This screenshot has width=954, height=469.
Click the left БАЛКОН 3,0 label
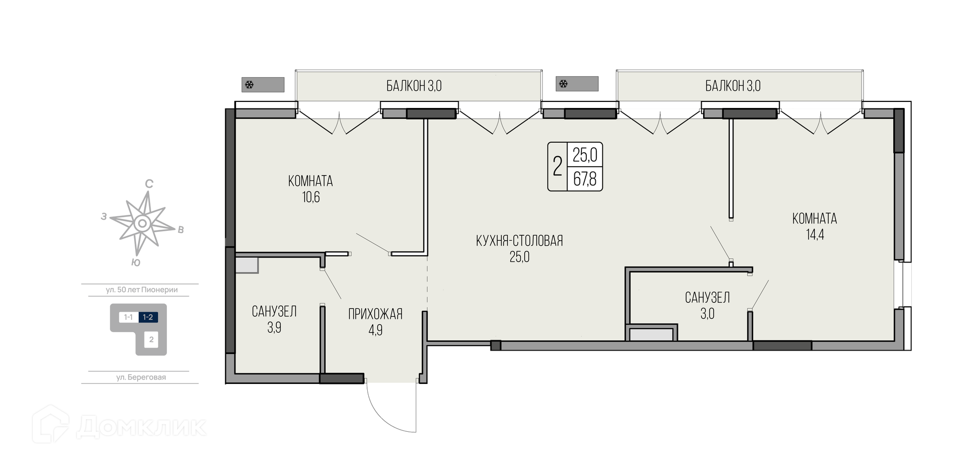click(x=414, y=86)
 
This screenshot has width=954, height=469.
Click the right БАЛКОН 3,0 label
click(x=733, y=86)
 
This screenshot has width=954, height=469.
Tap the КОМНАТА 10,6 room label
click(x=311, y=189)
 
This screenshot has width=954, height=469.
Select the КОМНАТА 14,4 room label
click(x=814, y=226)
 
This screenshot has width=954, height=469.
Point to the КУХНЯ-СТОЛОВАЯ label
click(x=519, y=241)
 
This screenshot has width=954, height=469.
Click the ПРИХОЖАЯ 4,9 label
click(x=375, y=322)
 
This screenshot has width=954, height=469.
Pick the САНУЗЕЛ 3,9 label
click(x=274, y=319)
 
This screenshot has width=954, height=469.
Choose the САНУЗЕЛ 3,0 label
click(x=708, y=305)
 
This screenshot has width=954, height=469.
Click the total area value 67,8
click(x=585, y=179)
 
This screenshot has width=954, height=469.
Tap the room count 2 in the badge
click(x=557, y=167)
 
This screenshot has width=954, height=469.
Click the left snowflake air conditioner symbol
click(x=249, y=85)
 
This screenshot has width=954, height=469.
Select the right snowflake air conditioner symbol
click(x=563, y=84)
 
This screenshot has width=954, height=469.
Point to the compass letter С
click(x=149, y=184)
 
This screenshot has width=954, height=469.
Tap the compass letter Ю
click(x=136, y=263)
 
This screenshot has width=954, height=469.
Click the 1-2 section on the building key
click(x=148, y=317)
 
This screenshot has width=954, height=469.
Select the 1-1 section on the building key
click(x=128, y=317)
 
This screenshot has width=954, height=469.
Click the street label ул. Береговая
click(x=141, y=377)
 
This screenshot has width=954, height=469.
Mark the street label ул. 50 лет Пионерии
click(x=142, y=290)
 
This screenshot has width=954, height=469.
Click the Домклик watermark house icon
click(x=51, y=424)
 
